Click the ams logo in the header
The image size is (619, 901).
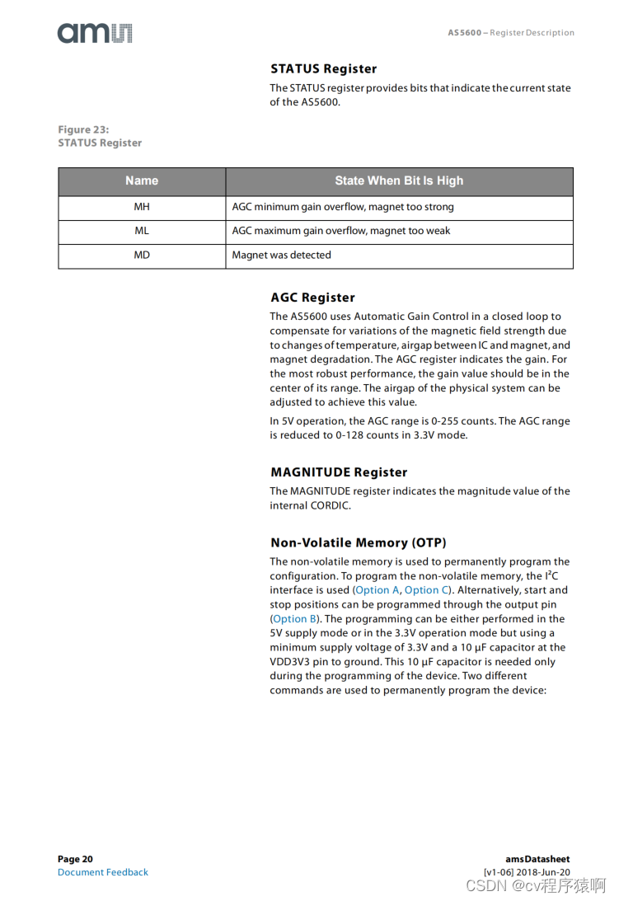(95, 33)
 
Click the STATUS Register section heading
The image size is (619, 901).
(324, 68)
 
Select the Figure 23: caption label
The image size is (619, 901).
(83, 129)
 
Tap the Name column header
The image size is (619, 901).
(142, 181)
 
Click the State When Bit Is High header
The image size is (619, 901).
(399, 181)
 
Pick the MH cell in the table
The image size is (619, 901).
(142, 207)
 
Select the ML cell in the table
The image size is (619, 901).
(142, 231)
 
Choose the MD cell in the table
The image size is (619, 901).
(142, 255)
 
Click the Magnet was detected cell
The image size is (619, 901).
(282, 255)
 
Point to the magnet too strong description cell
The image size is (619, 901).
(343, 207)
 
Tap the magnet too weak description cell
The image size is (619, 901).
(341, 231)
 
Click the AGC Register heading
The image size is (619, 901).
(312, 298)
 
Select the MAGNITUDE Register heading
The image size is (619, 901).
(339, 472)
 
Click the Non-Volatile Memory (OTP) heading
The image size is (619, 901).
(359, 542)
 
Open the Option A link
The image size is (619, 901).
(377, 590)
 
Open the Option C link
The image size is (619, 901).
(427, 590)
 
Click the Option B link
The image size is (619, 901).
(295, 619)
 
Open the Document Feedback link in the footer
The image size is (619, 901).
(103, 872)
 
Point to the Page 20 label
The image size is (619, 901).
(75, 859)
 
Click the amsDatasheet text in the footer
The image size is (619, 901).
(537, 859)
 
